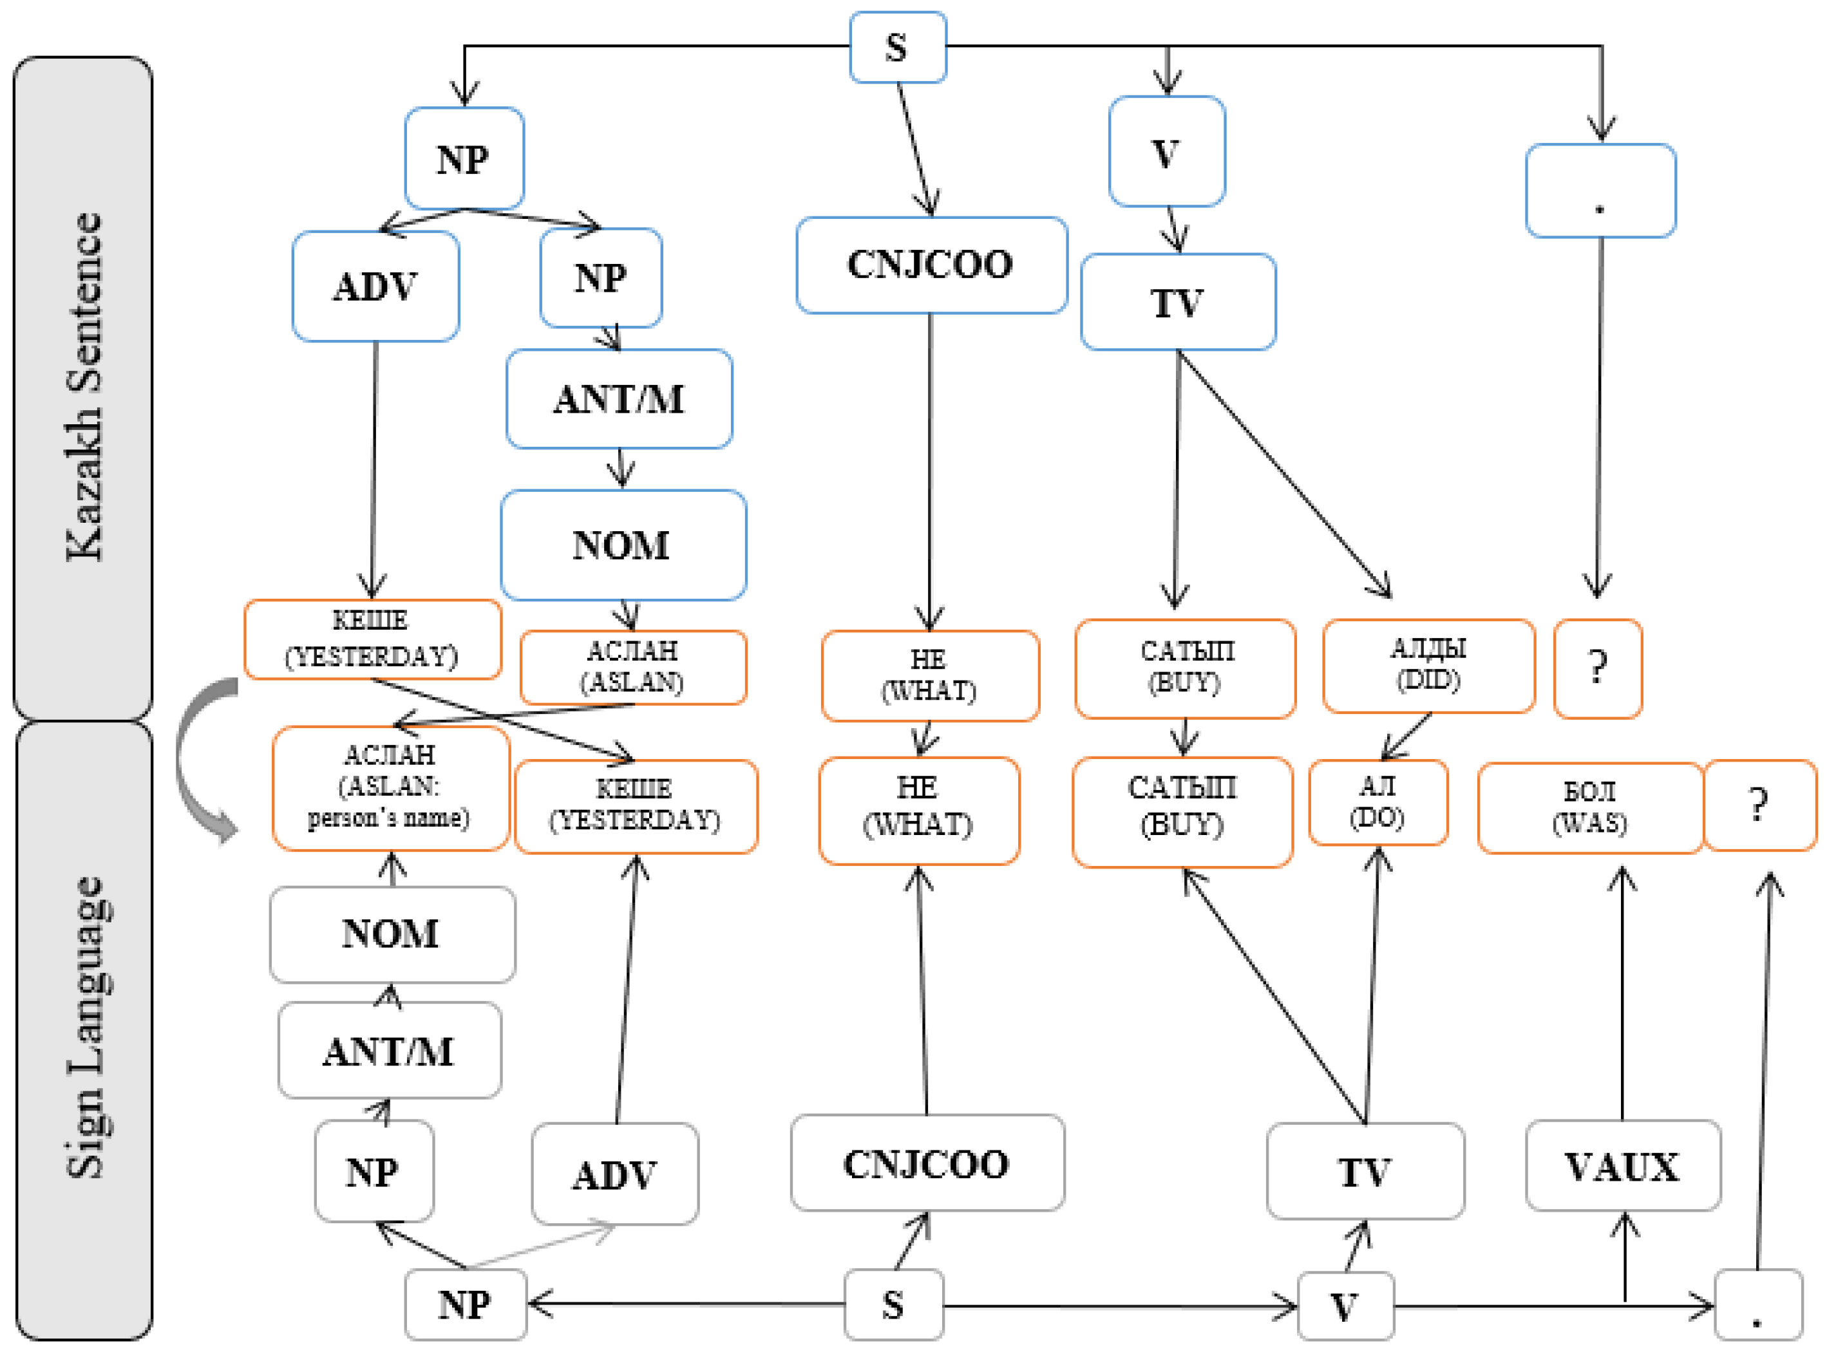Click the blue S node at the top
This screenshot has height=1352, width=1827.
(x=897, y=48)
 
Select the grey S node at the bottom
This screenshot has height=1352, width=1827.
(x=893, y=1303)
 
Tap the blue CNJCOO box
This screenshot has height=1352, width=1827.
(x=931, y=265)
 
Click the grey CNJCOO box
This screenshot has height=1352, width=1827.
(x=927, y=1163)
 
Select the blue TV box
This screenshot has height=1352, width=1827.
(x=1177, y=302)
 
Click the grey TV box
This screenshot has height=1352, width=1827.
(x=1365, y=1171)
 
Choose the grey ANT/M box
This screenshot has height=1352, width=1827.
(x=389, y=1051)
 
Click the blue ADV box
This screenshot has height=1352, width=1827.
(x=375, y=286)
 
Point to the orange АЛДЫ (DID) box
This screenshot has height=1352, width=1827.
(x=1428, y=665)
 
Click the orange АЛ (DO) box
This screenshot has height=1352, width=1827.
(x=1377, y=802)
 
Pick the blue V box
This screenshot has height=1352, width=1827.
(x=1166, y=152)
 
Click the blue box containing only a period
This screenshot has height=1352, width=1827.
(x=1600, y=191)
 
